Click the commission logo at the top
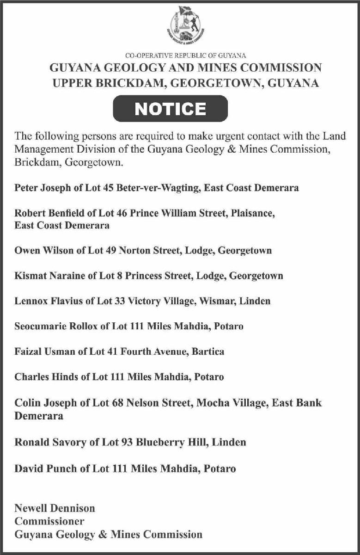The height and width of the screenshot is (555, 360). pos(186,25)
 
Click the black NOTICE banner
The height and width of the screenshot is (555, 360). pos(171,109)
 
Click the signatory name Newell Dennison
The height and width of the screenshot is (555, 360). pos(55,508)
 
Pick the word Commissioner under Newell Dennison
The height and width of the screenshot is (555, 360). pos(49,521)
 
